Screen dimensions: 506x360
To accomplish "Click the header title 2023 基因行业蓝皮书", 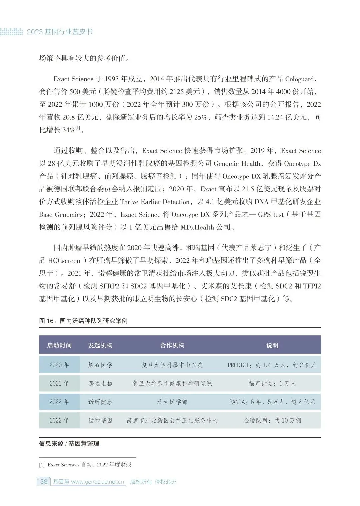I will [x=59, y=32].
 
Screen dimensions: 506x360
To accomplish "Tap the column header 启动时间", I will [x=59, y=345].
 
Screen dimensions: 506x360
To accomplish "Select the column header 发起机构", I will [x=100, y=345].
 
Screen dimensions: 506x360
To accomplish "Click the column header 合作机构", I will [x=172, y=345].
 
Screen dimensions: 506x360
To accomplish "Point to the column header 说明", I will [x=272, y=345].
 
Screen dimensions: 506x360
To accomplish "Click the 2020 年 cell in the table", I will [x=59, y=365].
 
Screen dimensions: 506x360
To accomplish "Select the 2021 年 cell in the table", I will [x=59, y=384].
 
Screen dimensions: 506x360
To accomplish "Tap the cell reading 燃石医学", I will [x=100, y=365].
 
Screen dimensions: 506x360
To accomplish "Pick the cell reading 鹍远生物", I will [x=100, y=384].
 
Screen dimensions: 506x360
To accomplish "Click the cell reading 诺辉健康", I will [x=100, y=402].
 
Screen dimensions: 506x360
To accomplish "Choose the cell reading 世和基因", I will [x=100, y=421].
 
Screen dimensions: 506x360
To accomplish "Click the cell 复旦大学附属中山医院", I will [x=172, y=365].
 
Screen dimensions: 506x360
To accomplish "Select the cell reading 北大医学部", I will [x=172, y=402].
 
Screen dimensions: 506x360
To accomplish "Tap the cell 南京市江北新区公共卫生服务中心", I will [x=172, y=421].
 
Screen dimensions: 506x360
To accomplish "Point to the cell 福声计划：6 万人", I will [x=272, y=384].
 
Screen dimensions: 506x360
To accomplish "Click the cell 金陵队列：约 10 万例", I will [x=272, y=421].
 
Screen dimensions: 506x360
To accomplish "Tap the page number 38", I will [x=44, y=482].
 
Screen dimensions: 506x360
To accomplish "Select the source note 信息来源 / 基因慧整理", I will [x=69, y=444].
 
